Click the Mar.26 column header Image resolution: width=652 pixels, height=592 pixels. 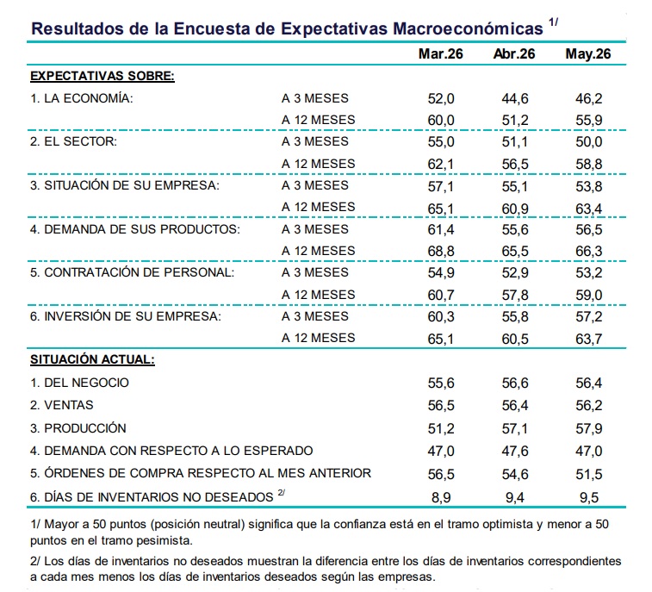point(440,53)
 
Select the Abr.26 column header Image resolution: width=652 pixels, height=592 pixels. point(514,53)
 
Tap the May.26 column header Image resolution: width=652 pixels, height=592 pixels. point(588,54)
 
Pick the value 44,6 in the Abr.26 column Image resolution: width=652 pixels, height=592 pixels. point(515,98)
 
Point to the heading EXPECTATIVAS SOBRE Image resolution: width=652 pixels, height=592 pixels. point(102,76)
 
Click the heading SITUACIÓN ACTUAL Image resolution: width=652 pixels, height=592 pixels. point(92,359)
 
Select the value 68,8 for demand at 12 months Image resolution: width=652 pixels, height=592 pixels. point(441,252)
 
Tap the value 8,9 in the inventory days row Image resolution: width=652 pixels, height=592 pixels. point(441,497)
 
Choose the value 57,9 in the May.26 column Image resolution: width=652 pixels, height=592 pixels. point(589,428)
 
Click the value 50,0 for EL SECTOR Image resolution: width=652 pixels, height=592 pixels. point(589,142)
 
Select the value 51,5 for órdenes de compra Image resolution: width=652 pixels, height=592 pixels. point(589,474)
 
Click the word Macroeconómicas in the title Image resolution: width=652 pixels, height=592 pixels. point(468,28)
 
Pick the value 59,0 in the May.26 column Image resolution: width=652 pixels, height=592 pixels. point(589,296)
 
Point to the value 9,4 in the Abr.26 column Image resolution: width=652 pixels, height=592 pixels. point(515,497)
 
